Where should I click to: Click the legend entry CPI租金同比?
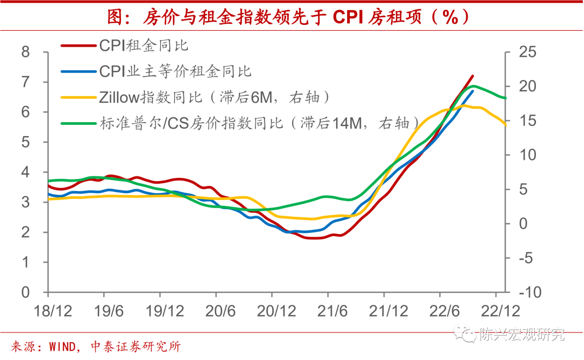(144, 45)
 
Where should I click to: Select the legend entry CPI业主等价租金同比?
(176, 71)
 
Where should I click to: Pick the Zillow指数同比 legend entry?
(214, 97)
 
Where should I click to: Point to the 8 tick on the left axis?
(25, 52)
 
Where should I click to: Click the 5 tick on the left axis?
(25, 143)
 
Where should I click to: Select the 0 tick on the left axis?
(25, 292)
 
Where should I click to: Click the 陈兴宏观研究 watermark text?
(521, 335)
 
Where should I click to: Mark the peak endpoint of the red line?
(473, 76)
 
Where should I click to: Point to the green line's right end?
(506, 98)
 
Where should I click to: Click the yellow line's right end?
(506, 124)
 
